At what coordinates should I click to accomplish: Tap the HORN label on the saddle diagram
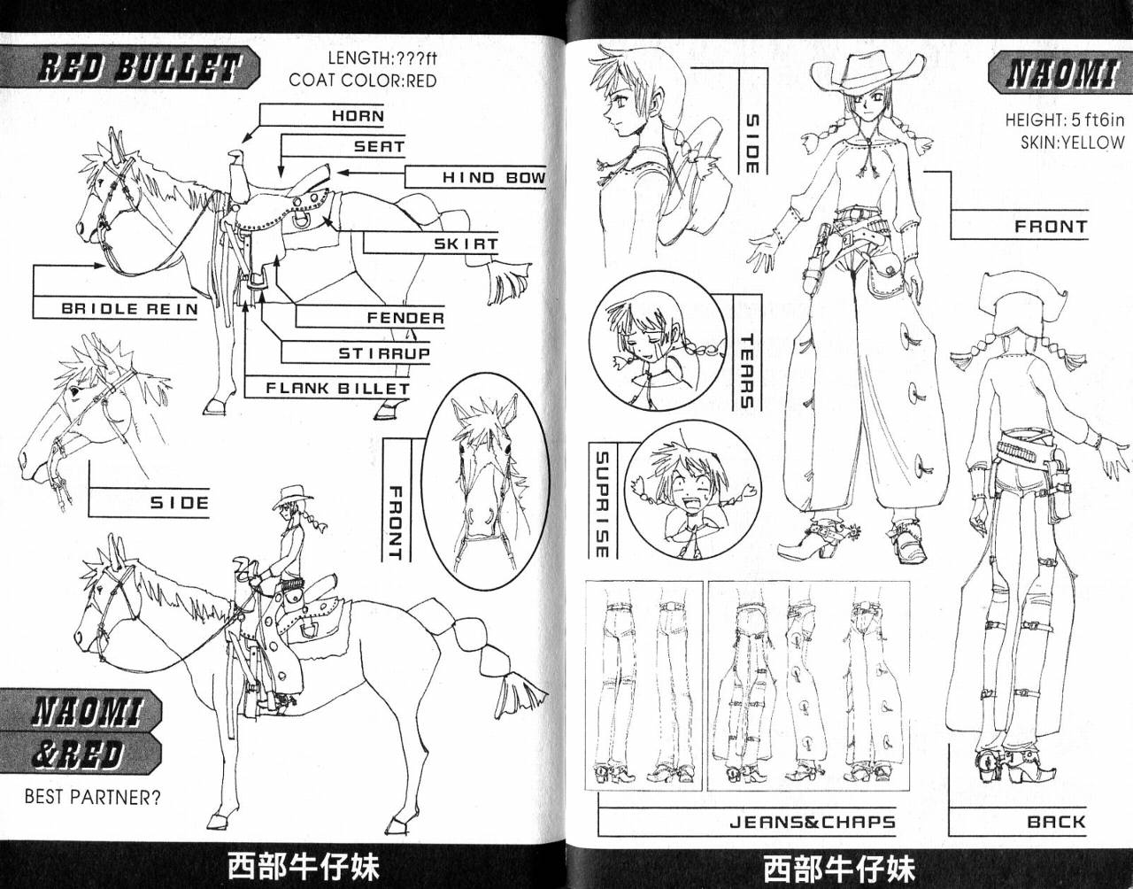tap(358, 116)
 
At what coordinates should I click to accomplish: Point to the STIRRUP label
tap(384, 354)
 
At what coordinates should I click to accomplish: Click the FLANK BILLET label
tap(338, 389)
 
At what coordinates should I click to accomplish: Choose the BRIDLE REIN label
tap(130, 309)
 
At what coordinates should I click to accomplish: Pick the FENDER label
tap(405, 318)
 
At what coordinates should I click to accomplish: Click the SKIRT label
tap(466, 244)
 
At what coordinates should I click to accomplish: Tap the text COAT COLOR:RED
tap(363, 81)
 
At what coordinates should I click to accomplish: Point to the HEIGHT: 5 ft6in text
tap(1065, 120)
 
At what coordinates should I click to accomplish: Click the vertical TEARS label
tap(747, 371)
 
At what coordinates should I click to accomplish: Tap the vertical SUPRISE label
tap(602, 504)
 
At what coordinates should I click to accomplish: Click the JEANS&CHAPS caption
tap(813, 823)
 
